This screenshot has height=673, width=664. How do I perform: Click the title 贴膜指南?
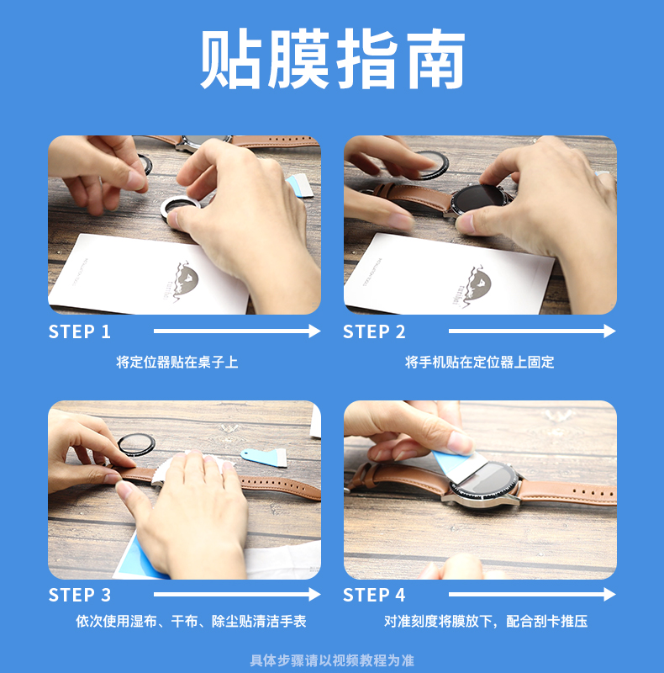pyautogui.click(x=333, y=59)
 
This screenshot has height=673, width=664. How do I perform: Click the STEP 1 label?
pyautogui.click(x=80, y=331)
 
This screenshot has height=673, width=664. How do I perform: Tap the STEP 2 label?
pyautogui.click(x=374, y=331)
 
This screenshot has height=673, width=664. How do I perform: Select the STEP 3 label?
pyautogui.click(x=80, y=595)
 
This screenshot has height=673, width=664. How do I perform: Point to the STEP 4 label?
pyautogui.click(x=374, y=595)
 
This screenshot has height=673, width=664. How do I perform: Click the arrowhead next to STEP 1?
pyautogui.click(x=314, y=331)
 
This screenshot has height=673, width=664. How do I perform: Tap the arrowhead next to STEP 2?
pyautogui.click(x=609, y=331)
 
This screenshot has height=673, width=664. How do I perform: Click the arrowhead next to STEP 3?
pyautogui.click(x=314, y=595)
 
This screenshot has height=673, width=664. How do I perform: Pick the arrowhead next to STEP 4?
pyautogui.click(x=609, y=595)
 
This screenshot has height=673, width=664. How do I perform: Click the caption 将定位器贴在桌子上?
pyautogui.click(x=177, y=363)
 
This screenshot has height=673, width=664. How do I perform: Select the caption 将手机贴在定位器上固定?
pyautogui.click(x=480, y=363)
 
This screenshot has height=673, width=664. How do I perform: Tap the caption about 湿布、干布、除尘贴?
pyautogui.click(x=191, y=621)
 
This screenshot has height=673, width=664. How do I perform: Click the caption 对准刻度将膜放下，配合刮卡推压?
pyautogui.click(x=486, y=621)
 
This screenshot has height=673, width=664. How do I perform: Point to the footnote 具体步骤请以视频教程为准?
pyautogui.click(x=332, y=660)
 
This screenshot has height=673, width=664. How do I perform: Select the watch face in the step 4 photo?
pyautogui.click(x=485, y=482)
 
